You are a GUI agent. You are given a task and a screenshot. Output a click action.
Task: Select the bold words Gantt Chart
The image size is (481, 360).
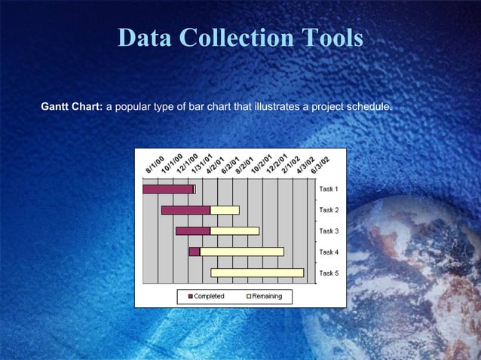pyautogui.click(x=72, y=107)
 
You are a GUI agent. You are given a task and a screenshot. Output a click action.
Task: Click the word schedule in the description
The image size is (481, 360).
pyautogui.click(x=369, y=107)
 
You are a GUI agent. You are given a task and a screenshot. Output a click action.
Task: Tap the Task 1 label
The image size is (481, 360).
pyautogui.click(x=329, y=189)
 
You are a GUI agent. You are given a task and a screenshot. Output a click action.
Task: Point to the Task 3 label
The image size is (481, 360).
pyautogui.click(x=329, y=230)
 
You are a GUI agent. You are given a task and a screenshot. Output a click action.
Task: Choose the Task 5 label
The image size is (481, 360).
pyautogui.click(x=329, y=273)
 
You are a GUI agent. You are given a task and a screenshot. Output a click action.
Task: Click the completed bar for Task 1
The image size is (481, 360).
pyautogui.click(x=167, y=189)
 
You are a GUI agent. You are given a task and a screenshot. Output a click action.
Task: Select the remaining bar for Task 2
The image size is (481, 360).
pyautogui.click(x=225, y=210)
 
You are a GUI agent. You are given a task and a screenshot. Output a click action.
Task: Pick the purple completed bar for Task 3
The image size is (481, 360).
pyautogui.click(x=192, y=230)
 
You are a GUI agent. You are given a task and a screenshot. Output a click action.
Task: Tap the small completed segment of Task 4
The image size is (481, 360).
pyautogui.click(x=194, y=252)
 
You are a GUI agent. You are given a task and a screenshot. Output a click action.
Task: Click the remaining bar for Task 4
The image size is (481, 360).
pyautogui.click(x=241, y=252)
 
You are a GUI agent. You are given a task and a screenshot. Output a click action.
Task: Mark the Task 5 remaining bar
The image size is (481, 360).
pyautogui.click(x=257, y=273)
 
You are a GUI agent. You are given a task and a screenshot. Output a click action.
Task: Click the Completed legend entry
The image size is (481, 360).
pyautogui.click(x=206, y=297)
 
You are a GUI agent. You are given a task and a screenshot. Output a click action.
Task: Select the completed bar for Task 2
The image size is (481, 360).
pyautogui.click(x=185, y=210)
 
